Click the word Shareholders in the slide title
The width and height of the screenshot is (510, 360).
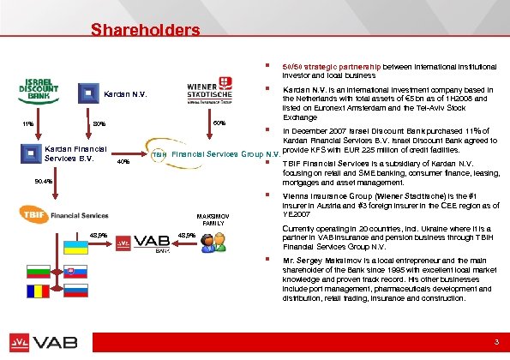tap(146, 31)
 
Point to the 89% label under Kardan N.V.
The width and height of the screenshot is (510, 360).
tap(99, 123)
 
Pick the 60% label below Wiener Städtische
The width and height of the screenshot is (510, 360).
tap(219, 123)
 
